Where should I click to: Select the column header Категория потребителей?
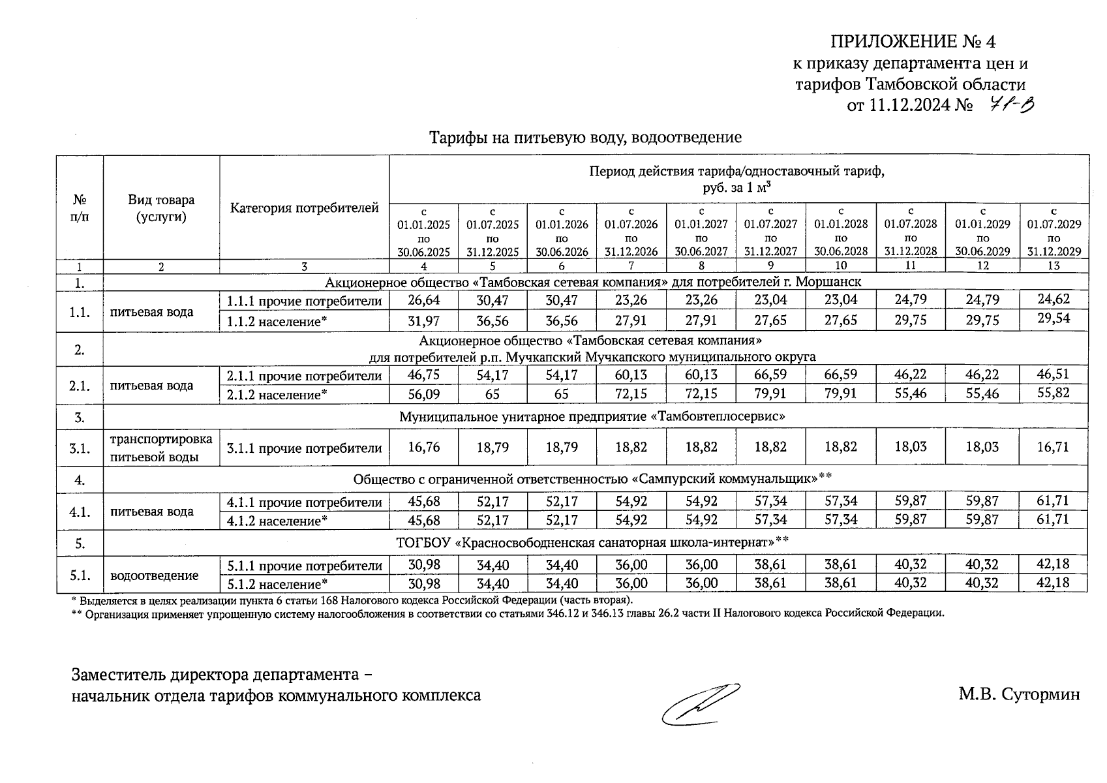[304, 209]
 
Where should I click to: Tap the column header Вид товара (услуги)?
[161, 208]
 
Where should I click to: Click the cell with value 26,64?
[423, 300]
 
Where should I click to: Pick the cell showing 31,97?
[423, 321]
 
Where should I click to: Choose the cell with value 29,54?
[1054, 320]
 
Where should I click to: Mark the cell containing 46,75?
[423, 375]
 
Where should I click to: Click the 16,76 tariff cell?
[423, 448]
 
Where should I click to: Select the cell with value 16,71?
[1054, 448]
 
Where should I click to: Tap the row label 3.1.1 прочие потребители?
[304, 449]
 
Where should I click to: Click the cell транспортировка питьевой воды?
[161, 448]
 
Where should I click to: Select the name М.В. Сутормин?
[1019, 694]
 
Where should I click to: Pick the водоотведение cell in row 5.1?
[155, 576]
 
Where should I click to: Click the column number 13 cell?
[1054, 266]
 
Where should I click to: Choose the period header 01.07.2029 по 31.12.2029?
[1054, 231]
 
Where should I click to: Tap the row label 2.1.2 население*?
[277, 395]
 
